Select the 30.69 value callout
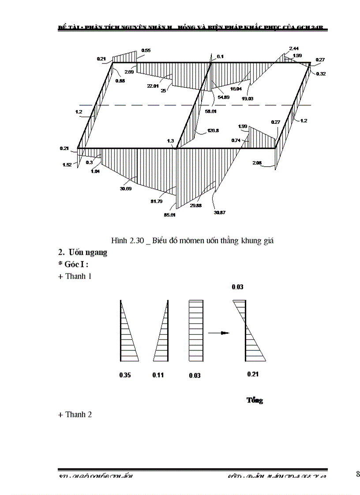(126, 189)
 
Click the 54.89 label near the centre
(224, 97)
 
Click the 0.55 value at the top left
(146, 51)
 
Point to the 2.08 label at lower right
(257, 163)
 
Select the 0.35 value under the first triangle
(125, 375)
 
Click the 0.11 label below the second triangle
(158, 375)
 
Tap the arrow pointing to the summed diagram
(218, 333)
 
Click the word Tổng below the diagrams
(255, 400)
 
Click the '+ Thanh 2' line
(75, 414)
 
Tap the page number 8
(358, 474)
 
